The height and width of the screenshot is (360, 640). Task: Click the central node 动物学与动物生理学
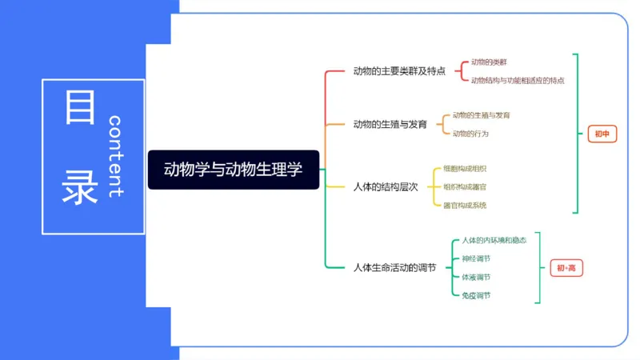point(233,170)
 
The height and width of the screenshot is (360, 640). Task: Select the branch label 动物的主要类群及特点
point(399,71)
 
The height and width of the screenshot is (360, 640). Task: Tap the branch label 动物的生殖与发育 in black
point(390,124)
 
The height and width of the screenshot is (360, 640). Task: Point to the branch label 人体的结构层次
point(386,187)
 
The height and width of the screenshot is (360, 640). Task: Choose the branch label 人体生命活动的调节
point(394,267)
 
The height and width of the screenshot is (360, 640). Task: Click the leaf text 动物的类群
point(488,62)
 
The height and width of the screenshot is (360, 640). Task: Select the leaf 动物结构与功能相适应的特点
point(518,80)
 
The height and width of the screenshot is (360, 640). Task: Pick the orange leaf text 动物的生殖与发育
point(481,115)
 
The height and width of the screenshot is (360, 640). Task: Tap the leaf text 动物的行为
point(470,134)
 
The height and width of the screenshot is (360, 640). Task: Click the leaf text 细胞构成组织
point(465,169)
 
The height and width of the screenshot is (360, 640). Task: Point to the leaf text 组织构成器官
point(465,187)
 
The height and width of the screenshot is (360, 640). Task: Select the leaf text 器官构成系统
point(465,206)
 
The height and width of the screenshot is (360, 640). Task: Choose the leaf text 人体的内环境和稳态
point(494,240)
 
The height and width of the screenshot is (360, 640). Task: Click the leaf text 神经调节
point(476,258)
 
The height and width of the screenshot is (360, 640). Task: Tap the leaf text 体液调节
point(476,277)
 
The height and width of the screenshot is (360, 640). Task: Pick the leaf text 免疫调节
point(476,295)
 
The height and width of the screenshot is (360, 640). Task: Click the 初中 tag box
point(602,134)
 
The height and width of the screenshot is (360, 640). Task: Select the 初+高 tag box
point(566,268)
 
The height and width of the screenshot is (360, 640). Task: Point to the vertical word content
point(114,156)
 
